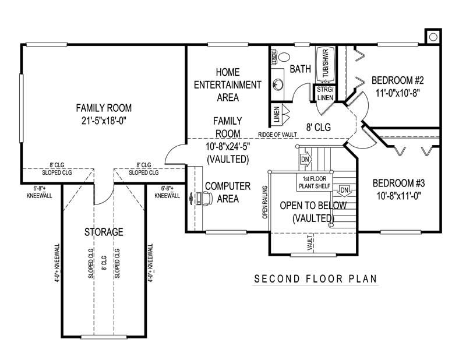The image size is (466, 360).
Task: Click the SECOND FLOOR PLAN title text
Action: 315,279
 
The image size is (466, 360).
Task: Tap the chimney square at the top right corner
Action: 433,37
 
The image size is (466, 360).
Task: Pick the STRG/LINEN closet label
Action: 324,93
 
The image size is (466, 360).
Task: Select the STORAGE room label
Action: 104,232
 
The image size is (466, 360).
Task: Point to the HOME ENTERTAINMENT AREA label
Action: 227,85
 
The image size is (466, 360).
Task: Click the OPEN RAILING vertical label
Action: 264,202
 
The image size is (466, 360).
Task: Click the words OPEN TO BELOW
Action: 313,206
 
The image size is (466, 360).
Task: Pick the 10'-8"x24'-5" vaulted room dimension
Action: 227,146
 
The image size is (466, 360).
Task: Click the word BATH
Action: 301,69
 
